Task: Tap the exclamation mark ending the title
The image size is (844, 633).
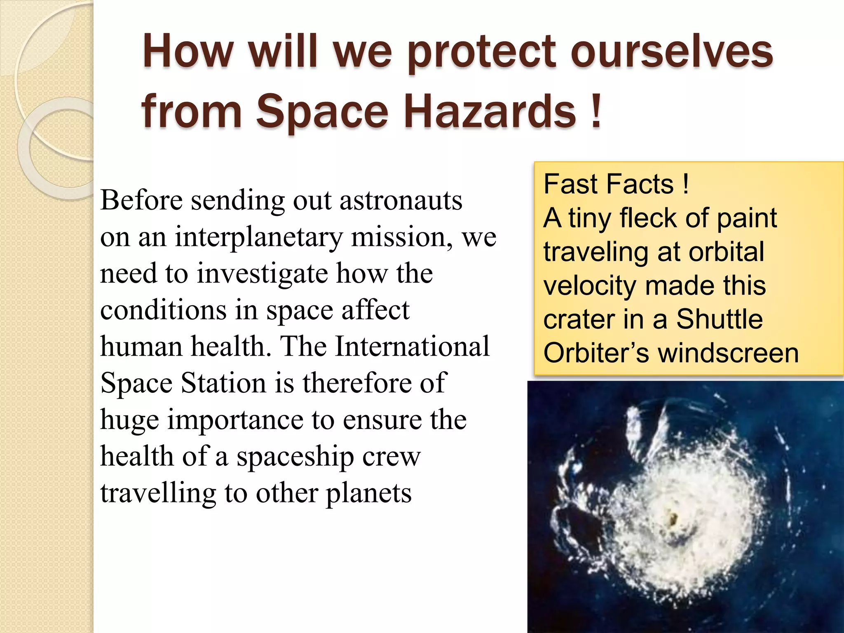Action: (596, 110)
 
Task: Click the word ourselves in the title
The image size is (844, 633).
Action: (671, 52)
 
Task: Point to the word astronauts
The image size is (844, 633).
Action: (400, 201)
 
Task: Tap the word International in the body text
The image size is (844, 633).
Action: (412, 347)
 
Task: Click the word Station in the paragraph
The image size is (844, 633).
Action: (223, 383)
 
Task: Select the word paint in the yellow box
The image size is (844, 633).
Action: (746, 219)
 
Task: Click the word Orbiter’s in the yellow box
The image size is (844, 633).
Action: (595, 354)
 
